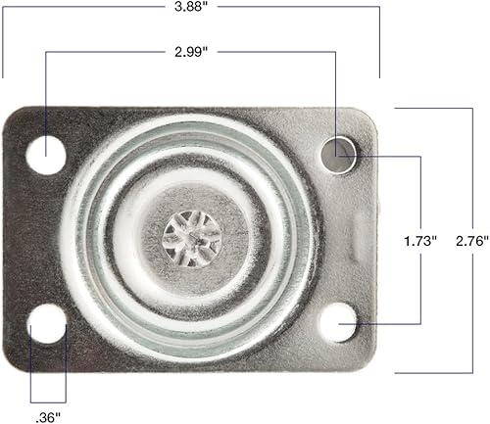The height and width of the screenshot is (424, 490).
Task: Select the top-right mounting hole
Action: tap(339, 152)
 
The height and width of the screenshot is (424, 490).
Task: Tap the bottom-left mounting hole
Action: tap(45, 321)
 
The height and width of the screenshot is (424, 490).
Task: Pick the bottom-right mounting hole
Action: tap(338, 320)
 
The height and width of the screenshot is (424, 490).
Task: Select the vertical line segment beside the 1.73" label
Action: tap(421, 196)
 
